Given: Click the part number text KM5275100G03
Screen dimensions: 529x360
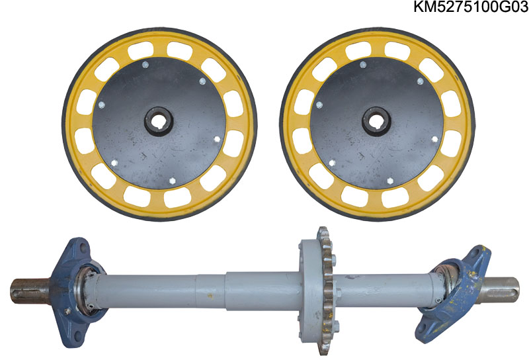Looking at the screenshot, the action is [x=471, y=7].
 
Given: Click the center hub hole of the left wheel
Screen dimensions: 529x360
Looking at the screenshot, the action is [x=159, y=122].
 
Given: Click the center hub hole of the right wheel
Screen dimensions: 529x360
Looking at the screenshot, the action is [x=376, y=122].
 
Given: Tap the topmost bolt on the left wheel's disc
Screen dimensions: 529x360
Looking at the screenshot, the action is [x=145, y=64].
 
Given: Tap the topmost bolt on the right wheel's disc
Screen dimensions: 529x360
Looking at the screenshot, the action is [x=363, y=64].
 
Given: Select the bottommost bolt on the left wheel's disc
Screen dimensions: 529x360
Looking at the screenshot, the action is [x=173, y=181].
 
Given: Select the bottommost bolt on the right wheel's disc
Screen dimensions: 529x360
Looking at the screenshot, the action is [x=390, y=181].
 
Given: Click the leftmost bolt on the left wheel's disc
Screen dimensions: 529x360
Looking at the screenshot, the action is [x=102, y=105].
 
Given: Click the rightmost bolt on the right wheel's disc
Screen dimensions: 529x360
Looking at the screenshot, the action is [x=435, y=139].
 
